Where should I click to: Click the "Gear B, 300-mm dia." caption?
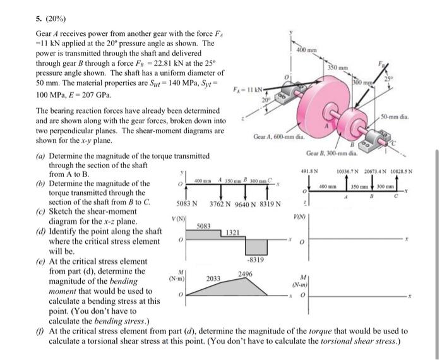pyautogui.click(x=331, y=152)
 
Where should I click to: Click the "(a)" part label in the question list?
pyautogui.click(x=41, y=155)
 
